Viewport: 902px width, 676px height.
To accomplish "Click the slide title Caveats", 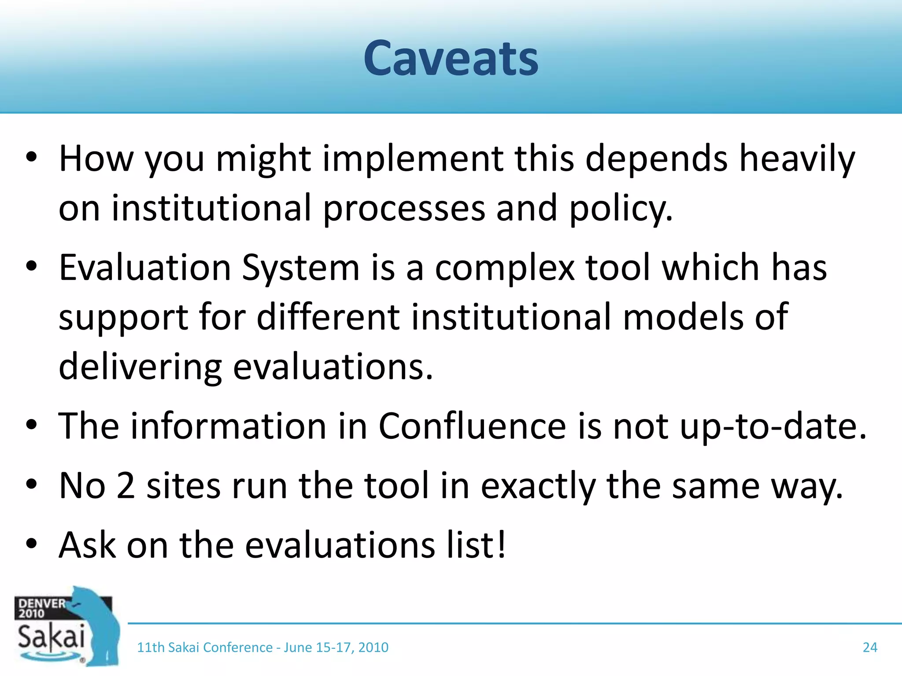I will [x=451, y=59].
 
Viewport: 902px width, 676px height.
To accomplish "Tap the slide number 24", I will [x=869, y=647].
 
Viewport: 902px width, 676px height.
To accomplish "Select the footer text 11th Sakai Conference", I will [x=205, y=647].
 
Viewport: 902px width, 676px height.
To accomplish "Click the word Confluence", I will [x=472, y=426].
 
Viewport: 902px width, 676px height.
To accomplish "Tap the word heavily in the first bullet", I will [x=797, y=158].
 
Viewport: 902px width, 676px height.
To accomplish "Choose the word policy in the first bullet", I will [x=621, y=208].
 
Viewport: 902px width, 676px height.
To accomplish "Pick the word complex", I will [x=505, y=268].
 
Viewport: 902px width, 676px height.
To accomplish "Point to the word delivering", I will [x=140, y=367].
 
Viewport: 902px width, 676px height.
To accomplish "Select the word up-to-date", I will [x=773, y=426].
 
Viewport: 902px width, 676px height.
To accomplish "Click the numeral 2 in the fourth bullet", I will [x=126, y=485].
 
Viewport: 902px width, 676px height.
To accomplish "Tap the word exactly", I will [x=538, y=486].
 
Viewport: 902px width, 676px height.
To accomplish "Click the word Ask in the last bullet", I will [x=87, y=545].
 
